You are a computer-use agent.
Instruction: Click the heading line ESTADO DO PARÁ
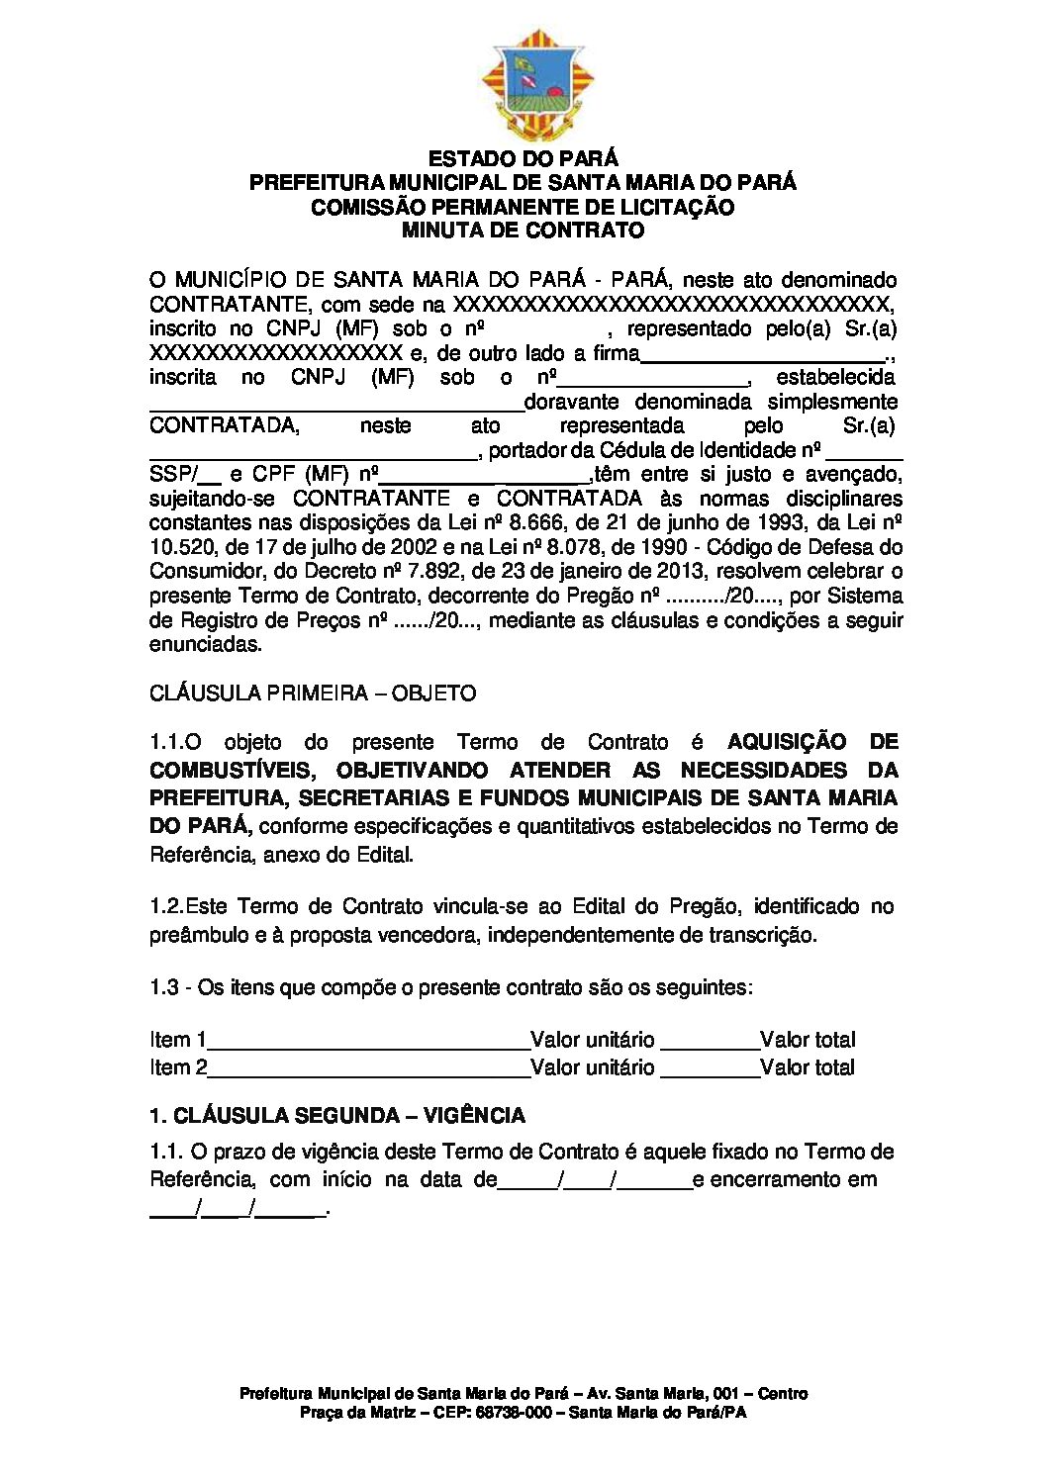(x=523, y=158)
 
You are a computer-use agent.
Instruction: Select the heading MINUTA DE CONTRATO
(x=523, y=231)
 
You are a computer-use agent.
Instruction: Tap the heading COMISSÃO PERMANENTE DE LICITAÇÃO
(x=523, y=207)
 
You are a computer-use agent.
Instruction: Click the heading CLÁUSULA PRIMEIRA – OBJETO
(x=313, y=693)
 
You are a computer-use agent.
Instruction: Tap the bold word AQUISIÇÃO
(x=787, y=742)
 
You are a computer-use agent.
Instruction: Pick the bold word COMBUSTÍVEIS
(x=233, y=770)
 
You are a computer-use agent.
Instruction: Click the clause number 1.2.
(x=165, y=906)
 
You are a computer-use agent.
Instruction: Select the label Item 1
(x=178, y=1040)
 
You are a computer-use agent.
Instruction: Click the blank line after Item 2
(x=369, y=1069)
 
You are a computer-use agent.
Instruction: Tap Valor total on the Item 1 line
(x=808, y=1040)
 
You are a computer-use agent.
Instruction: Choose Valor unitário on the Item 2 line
(x=593, y=1067)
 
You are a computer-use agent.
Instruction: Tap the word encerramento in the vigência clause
(x=775, y=1179)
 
